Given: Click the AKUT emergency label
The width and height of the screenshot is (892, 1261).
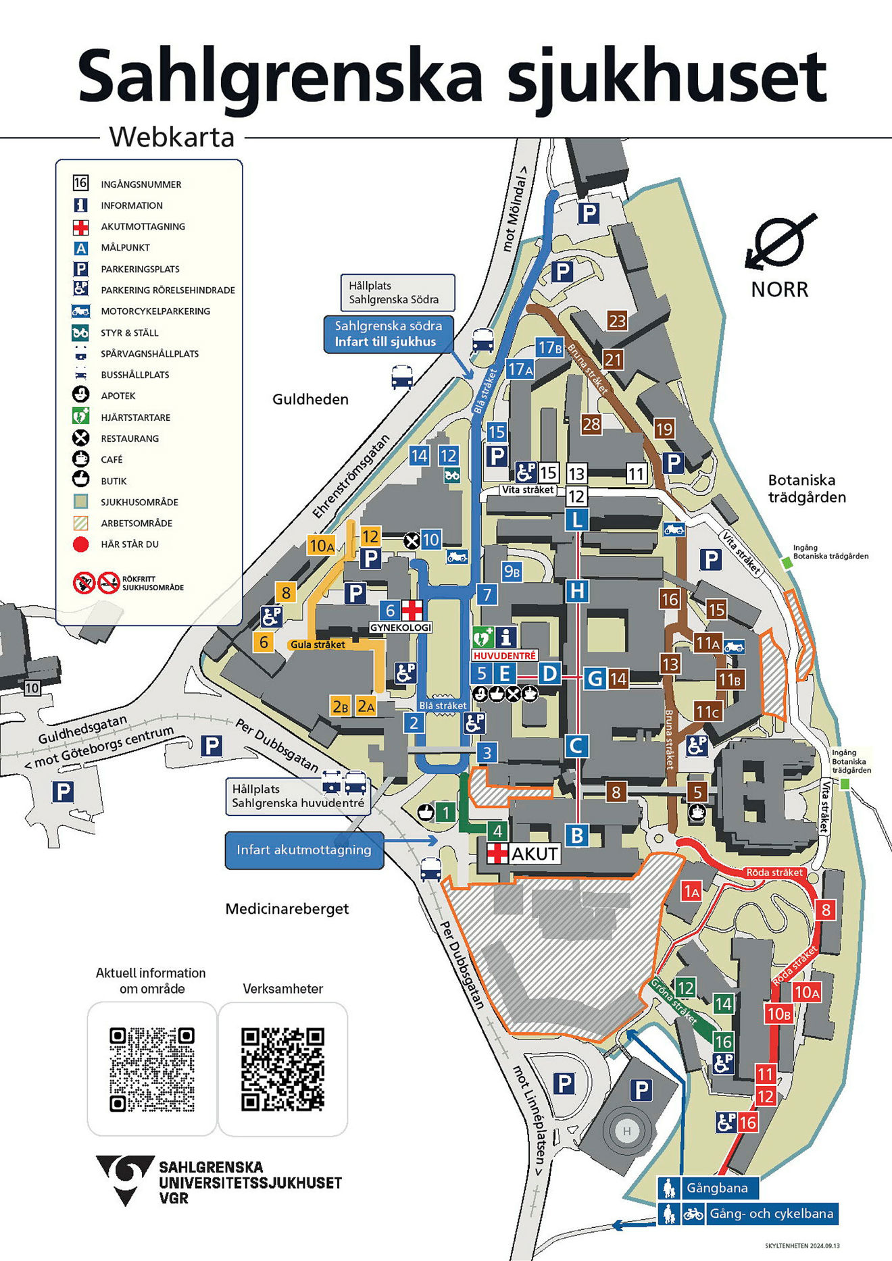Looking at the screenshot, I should coord(534,854).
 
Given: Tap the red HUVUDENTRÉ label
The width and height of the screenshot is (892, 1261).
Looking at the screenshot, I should coord(505,655).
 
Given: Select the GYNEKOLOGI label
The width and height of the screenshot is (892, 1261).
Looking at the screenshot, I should coord(401,627).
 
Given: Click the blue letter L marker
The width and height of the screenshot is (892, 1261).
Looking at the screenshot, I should coord(576,520).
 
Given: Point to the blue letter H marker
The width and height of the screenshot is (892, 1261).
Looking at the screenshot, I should coord(576,591).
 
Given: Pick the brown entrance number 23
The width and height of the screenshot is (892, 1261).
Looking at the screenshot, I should coord(617,321).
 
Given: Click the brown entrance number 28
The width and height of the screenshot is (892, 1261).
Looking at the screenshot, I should coord(591,424).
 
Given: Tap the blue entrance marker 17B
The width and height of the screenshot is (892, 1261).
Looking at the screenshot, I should coord(549,348).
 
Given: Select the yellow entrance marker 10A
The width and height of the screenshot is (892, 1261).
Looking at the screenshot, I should coord(322,545).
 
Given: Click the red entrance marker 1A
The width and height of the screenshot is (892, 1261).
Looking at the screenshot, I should coord(691,892).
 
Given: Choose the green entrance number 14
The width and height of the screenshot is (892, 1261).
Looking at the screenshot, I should coord(723,1004).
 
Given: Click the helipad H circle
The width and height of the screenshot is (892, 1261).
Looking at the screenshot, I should coord(626,1131).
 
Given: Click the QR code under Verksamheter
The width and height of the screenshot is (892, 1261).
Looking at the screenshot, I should coord(282,1069).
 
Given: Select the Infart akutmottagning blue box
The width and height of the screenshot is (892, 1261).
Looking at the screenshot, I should coord(304,850).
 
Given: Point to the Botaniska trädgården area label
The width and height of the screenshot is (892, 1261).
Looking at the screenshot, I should coord(807,488).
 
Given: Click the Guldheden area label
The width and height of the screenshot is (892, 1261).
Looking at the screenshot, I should coord(310,399).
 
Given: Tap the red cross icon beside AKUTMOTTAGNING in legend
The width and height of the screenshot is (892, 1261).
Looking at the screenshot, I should coord(81,227).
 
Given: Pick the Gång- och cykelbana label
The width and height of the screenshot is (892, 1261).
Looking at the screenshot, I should coord(770,1214).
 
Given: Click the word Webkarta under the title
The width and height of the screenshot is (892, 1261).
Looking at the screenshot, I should coord(172,137).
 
